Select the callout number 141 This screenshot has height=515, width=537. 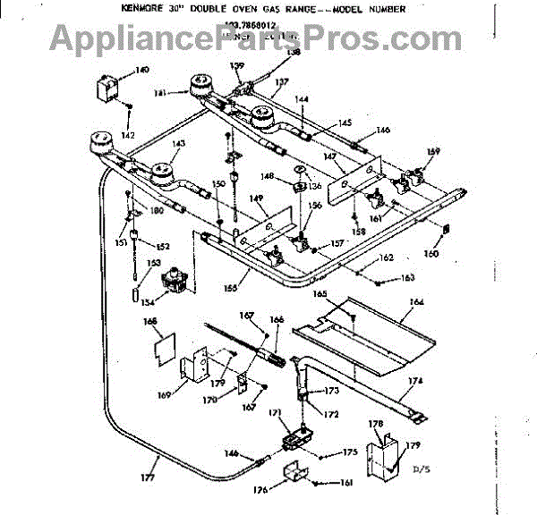159,92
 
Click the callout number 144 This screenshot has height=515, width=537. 303,99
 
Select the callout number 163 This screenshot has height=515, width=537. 408,278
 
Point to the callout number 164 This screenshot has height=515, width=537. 416,302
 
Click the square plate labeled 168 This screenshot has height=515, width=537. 162,341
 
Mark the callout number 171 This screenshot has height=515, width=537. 276,412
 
